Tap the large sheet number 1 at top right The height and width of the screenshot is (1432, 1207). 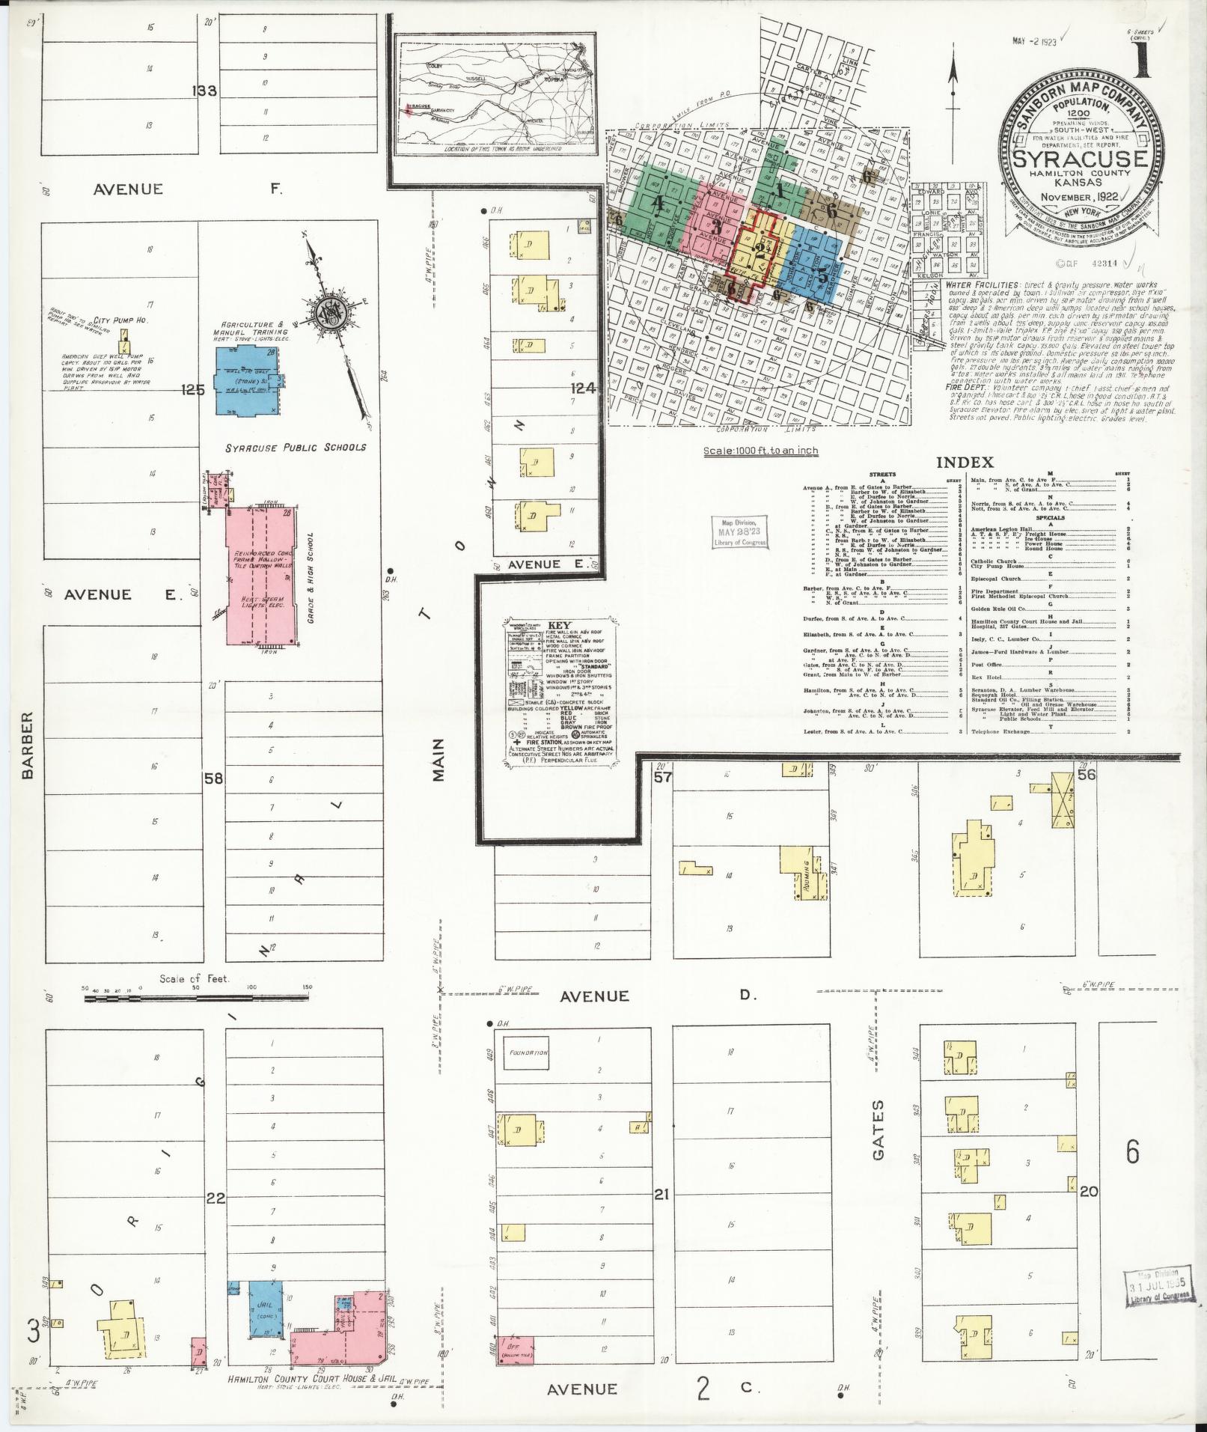coord(1143,59)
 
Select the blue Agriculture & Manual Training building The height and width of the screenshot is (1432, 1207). coord(248,380)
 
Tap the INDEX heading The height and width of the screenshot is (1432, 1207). coord(965,463)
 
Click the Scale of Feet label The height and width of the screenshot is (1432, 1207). coord(194,978)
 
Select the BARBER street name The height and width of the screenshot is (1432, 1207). coord(28,745)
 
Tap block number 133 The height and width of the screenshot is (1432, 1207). coord(204,91)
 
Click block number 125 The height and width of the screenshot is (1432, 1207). coord(192,390)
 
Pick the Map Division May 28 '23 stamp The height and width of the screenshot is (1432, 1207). coord(739,532)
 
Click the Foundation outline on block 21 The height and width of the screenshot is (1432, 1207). coord(526,1052)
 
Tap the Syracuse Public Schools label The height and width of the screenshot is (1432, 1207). coord(296,447)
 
